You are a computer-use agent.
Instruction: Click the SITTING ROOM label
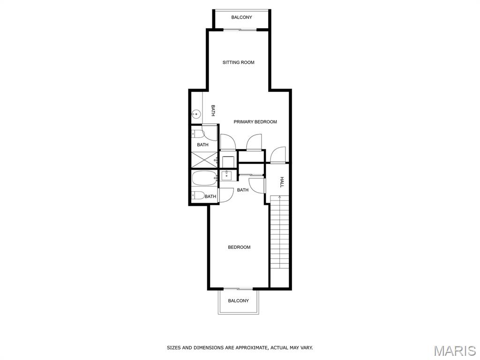tap(238, 62)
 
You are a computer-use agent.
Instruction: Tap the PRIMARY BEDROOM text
tap(255, 122)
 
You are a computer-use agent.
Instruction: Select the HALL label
tap(282, 182)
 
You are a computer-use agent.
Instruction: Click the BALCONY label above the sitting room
tap(241, 17)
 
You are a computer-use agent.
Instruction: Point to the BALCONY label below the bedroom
tap(239, 301)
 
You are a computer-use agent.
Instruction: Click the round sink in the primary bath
tap(196, 114)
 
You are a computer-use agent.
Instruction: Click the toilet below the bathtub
tap(198, 195)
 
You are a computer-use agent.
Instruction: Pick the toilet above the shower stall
tap(198, 134)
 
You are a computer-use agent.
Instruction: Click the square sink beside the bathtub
tap(227, 175)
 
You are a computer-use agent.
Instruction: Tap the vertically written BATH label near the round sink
tap(213, 111)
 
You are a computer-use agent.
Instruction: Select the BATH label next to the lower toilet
tap(210, 196)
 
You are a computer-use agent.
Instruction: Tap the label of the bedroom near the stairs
tap(239, 247)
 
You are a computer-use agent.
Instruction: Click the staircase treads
tap(279, 232)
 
